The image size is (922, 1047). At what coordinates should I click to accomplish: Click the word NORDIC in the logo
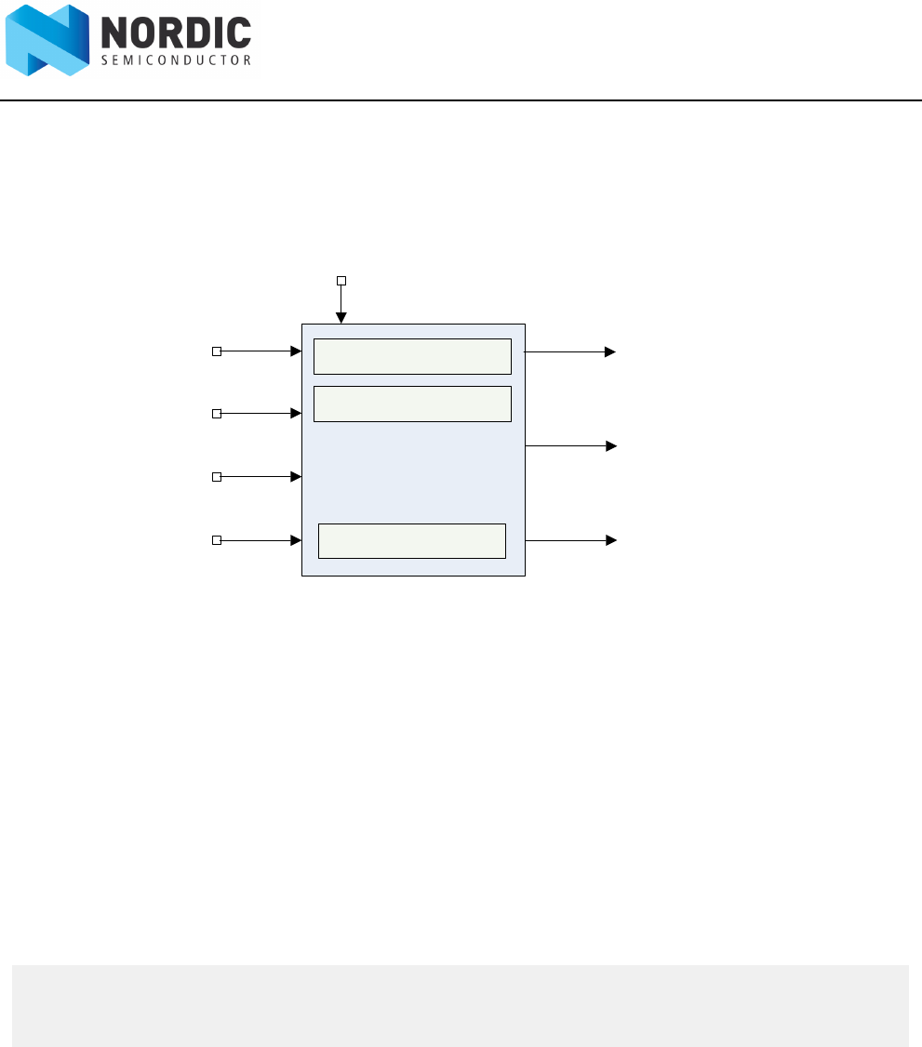coord(176,33)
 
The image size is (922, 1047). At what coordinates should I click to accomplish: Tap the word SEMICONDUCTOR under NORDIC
coord(176,60)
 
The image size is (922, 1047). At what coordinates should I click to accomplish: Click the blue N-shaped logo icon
coord(47,41)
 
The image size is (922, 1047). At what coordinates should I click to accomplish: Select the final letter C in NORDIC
coord(238,33)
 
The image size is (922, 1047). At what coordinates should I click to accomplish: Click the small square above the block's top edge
coord(341,280)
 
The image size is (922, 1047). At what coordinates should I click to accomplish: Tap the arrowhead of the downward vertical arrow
coord(341,318)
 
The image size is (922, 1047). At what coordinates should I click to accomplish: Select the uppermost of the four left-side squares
coord(217,351)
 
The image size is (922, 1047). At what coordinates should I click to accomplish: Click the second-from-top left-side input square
coord(217,413)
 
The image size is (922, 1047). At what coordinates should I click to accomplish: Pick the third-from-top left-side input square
coord(217,477)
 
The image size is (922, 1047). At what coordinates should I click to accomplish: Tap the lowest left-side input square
coord(217,540)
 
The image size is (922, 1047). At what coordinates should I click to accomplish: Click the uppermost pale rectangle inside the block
coord(412,356)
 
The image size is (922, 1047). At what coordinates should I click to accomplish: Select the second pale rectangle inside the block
coord(412,404)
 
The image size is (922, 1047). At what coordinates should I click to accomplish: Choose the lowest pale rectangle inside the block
coord(412,540)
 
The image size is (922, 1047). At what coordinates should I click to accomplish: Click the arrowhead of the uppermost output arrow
coord(611,352)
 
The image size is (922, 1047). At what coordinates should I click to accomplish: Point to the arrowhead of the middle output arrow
coord(611,446)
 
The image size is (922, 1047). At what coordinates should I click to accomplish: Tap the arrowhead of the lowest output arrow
coord(611,540)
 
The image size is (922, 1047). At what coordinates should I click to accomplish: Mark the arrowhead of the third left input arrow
coord(297,477)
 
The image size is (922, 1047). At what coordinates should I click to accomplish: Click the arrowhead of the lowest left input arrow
coord(297,540)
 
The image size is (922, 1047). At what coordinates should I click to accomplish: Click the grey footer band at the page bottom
coord(461,1005)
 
